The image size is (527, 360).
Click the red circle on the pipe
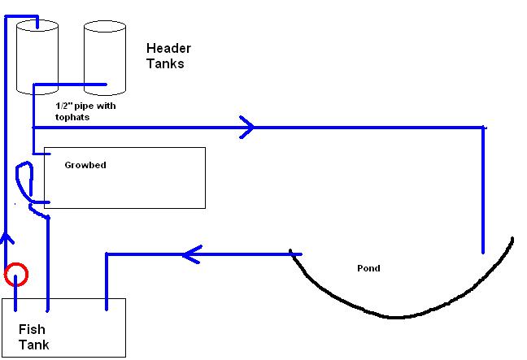pyautogui.click(x=15, y=275)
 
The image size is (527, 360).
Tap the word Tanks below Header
pyautogui.click(x=165, y=63)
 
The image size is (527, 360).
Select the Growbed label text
pyautogui.click(x=85, y=165)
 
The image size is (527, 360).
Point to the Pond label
pyautogui.click(x=368, y=268)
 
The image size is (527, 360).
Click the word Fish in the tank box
pyautogui.click(x=32, y=330)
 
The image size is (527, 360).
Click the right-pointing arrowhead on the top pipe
pyautogui.click(x=246, y=127)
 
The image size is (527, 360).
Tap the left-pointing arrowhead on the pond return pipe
pyautogui.click(x=191, y=255)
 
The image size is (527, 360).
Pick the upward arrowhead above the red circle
pyautogui.click(x=7, y=239)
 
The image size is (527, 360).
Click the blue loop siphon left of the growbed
pyautogui.click(x=24, y=183)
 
